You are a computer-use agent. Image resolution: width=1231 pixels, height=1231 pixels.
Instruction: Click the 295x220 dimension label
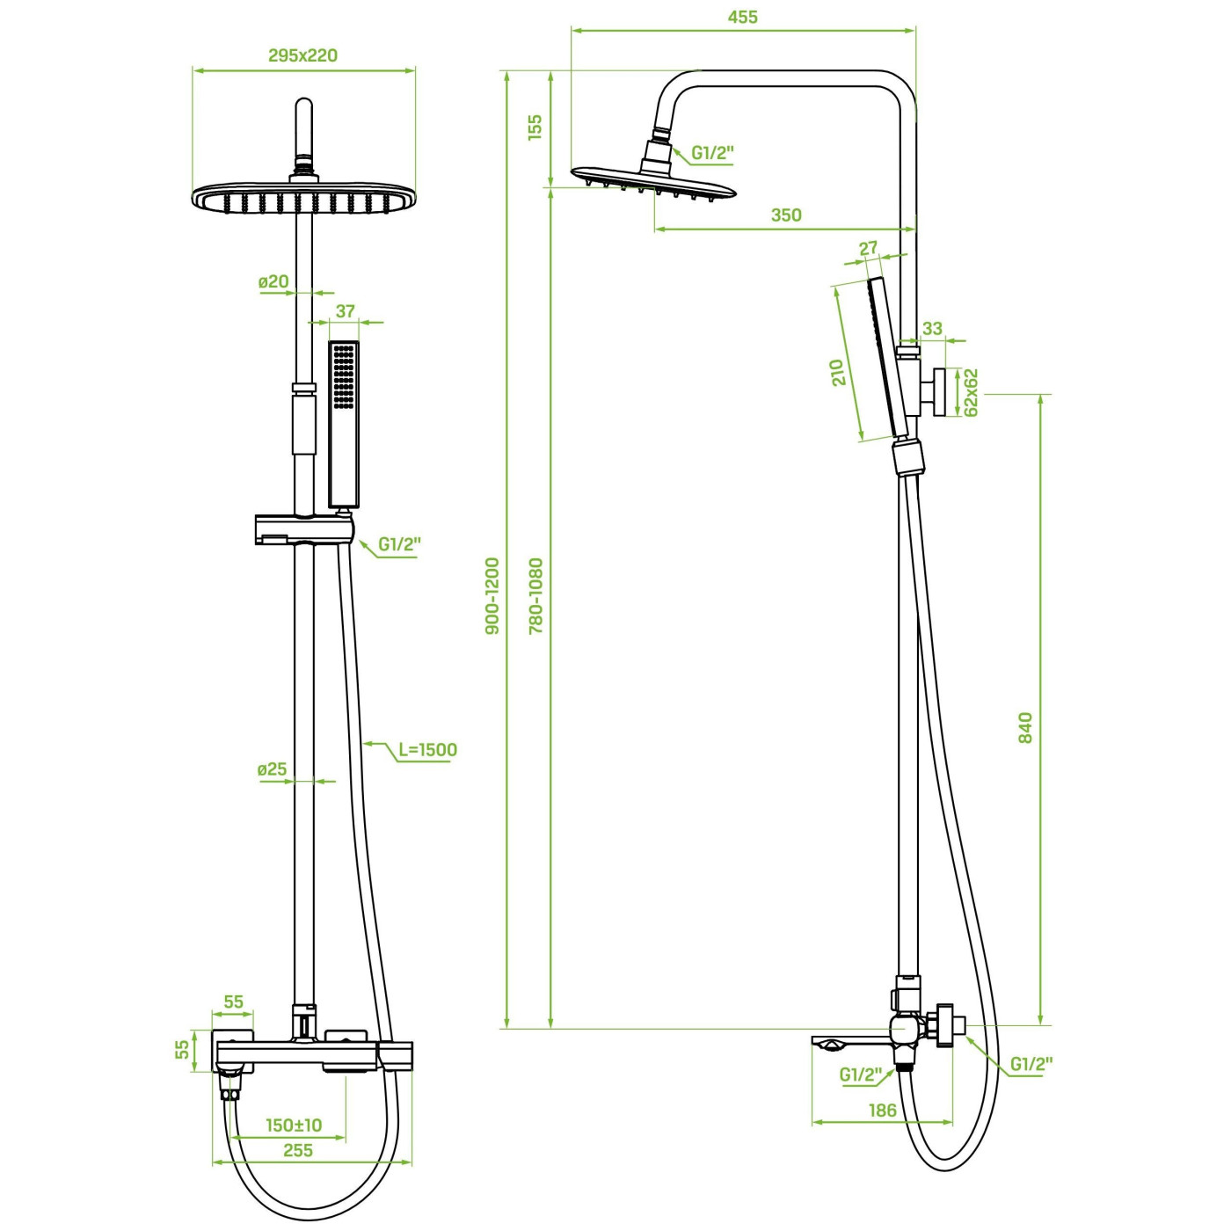coord(302,55)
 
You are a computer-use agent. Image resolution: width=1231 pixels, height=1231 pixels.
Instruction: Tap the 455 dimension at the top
coord(743,18)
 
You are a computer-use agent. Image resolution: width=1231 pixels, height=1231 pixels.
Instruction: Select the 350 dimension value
coord(786,215)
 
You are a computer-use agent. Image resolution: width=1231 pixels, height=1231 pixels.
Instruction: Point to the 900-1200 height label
coord(492,596)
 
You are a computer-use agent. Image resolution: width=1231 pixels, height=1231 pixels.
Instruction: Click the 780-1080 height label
coord(536,596)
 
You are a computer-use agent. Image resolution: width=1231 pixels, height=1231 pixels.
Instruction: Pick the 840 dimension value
coord(1025,728)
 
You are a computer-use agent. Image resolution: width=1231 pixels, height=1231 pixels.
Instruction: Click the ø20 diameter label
coord(274,281)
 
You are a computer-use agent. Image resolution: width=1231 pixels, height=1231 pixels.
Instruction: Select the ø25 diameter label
coord(273,769)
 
